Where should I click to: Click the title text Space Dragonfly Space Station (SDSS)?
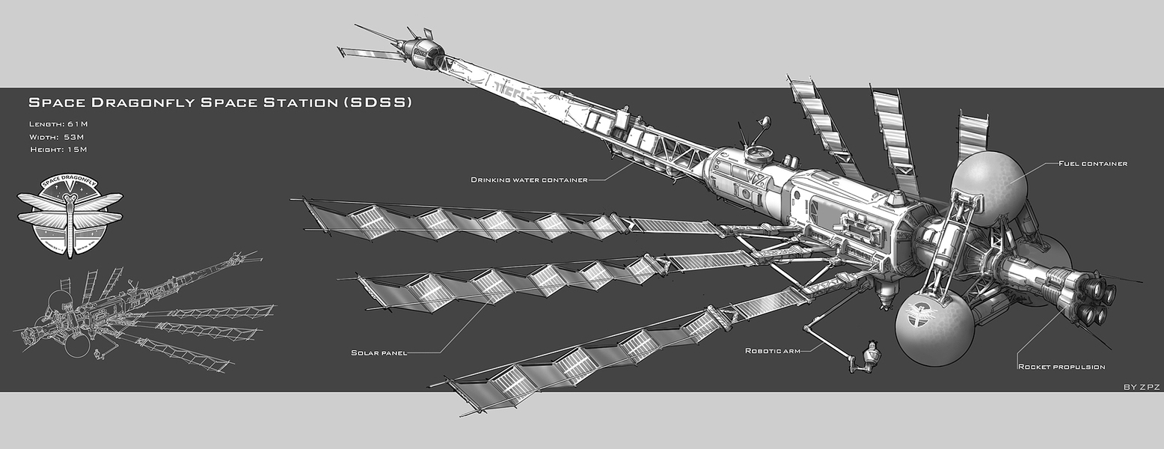(220, 102)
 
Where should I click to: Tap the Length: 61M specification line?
(60, 123)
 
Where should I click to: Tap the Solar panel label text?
(379, 352)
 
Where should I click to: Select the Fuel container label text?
(1092, 163)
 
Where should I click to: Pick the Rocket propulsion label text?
(1061, 367)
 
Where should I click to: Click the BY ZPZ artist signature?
(1141, 386)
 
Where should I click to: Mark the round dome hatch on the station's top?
(759, 153)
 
